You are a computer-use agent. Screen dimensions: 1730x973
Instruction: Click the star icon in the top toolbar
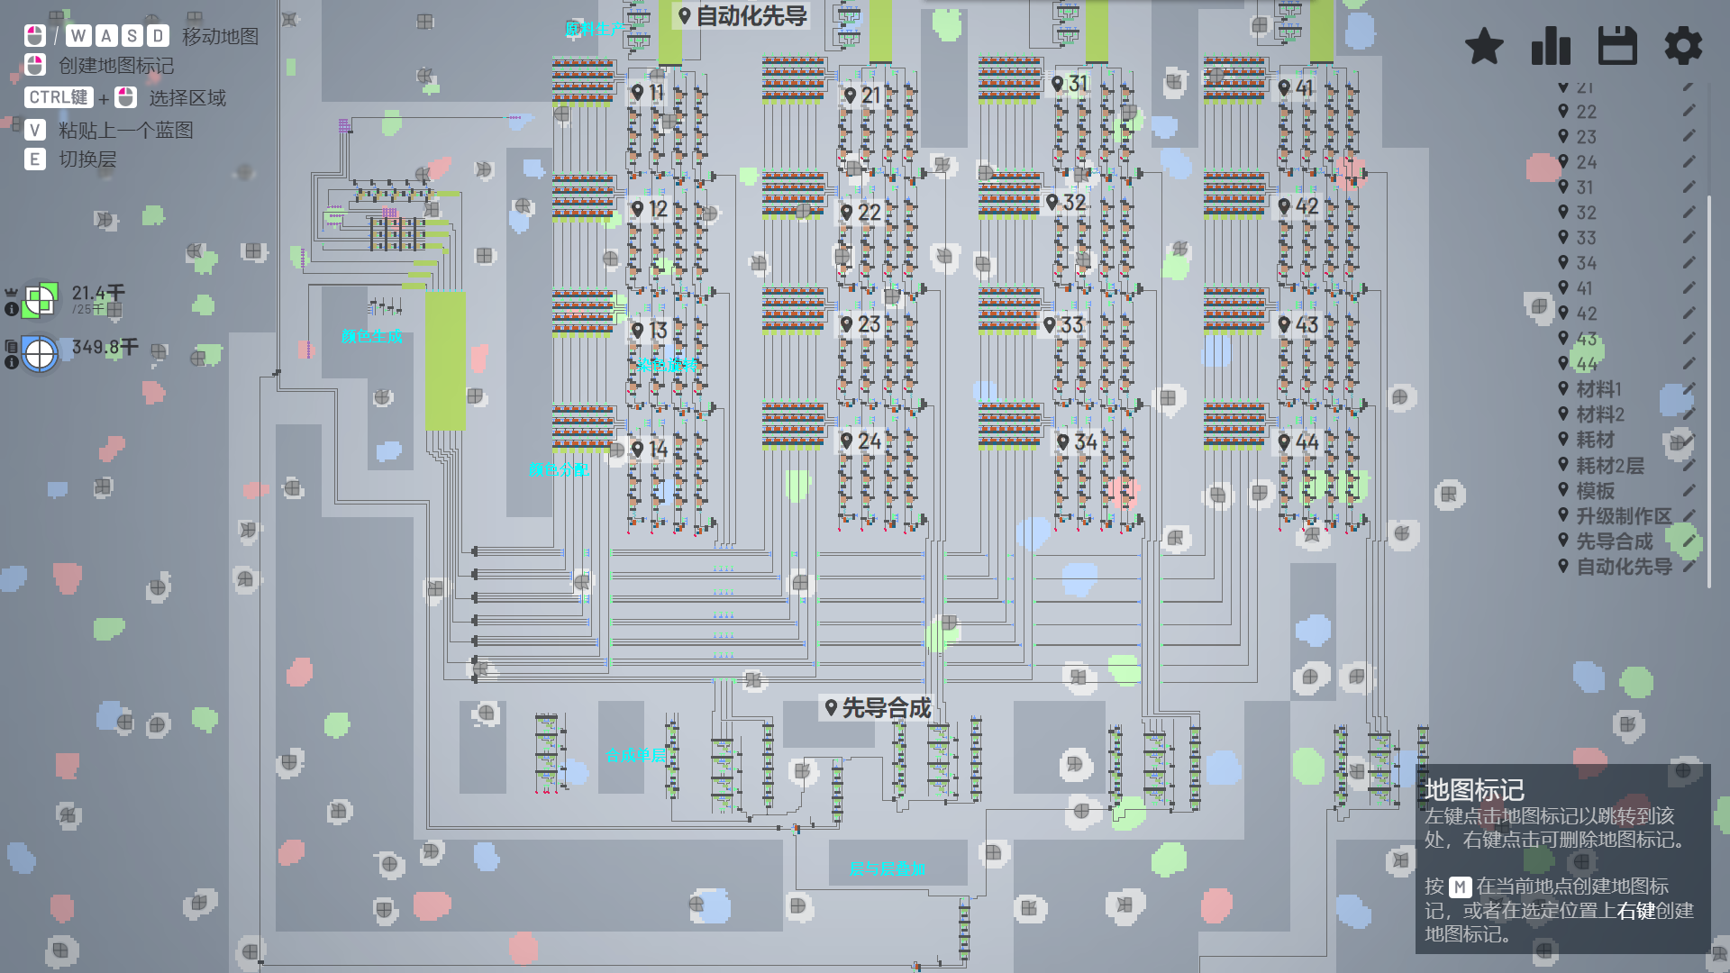(x=1484, y=46)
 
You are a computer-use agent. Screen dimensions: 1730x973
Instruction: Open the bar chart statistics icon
(x=1551, y=46)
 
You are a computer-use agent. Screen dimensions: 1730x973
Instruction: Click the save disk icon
(x=1617, y=46)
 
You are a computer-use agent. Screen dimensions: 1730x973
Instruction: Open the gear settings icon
(x=1683, y=46)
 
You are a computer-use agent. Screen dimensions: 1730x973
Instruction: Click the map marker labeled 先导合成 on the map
(x=877, y=708)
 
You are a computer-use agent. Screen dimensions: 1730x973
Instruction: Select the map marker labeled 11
(x=647, y=92)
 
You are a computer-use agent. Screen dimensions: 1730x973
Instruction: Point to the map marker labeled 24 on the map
(x=860, y=441)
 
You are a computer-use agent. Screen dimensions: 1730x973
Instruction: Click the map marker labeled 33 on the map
(x=1062, y=324)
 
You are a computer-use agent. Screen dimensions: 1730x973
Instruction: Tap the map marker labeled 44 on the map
(x=1297, y=442)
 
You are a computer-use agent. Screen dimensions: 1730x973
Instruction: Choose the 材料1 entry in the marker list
(x=1598, y=389)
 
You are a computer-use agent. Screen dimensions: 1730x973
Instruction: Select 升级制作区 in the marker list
(x=1623, y=516)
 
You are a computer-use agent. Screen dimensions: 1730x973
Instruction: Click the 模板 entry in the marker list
(x=1595, y=491)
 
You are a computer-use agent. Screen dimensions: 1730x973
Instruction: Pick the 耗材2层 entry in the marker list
(x=1609, y=466)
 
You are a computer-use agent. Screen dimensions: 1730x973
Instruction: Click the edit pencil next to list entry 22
(x=1689, y=111)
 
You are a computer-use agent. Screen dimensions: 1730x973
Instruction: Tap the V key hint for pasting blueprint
(x=35, y=130)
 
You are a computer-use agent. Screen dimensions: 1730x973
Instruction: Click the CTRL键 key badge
(x=59, y=97)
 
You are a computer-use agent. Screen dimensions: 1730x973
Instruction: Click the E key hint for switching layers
(x=35, y=159)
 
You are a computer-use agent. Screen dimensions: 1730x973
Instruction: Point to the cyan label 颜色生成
(x=372, y=337)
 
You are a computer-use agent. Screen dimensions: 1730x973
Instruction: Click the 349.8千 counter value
(x=105, y=347)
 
